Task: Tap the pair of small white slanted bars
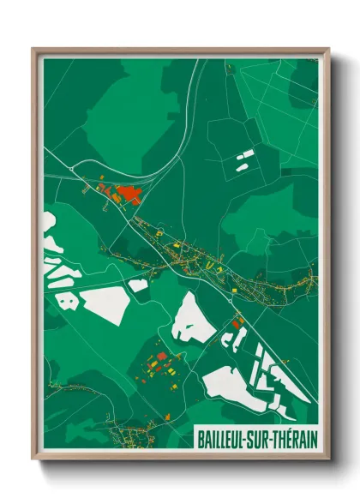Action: (245, 157)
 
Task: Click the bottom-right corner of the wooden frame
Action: (329, 459)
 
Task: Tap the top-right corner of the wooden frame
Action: (329, 50)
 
